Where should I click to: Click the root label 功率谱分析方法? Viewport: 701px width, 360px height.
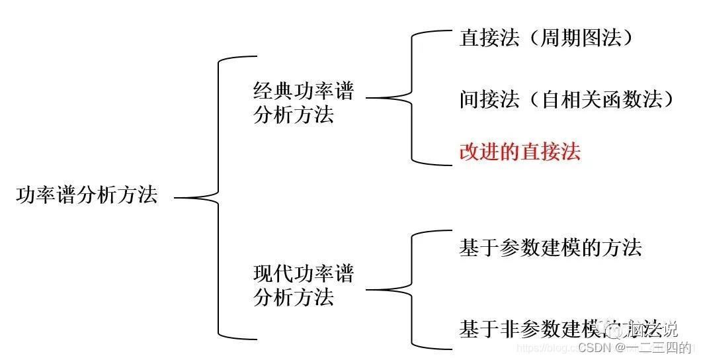point(87,197)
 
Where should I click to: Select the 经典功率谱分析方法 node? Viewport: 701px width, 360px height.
point(303,103)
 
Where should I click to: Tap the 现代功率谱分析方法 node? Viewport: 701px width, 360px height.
point(303,285)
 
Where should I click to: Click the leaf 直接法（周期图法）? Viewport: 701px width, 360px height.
point(546,38)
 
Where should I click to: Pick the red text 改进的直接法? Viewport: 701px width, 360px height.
point(520,152)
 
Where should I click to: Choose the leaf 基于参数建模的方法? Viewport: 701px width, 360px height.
point(550,247)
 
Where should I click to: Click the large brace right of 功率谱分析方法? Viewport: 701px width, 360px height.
point(218,197)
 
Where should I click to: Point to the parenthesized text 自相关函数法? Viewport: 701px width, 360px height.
point(606,99)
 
